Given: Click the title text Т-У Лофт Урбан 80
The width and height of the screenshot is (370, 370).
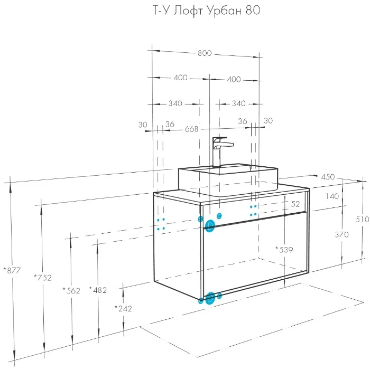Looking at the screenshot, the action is click(x=207, y=11).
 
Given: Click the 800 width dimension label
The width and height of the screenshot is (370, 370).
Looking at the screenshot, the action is click(x=205, y=53).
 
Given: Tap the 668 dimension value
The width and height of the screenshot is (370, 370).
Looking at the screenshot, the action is click(x=191, y=129).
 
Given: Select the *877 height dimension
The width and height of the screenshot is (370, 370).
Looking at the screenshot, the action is click(x=12, y=270).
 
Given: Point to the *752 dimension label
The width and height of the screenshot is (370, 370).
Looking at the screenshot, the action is click(x=42, y=278).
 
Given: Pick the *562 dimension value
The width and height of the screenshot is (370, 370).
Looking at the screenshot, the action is click(x=71, y=290).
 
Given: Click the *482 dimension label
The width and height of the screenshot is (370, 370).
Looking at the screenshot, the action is click(x=98, y=290).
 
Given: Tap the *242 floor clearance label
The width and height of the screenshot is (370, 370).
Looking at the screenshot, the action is click(x=123, y=308).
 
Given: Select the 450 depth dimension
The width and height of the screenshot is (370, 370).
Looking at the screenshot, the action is click(x=328, y=177).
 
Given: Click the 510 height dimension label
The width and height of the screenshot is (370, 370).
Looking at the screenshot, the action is click(x=362, y=220).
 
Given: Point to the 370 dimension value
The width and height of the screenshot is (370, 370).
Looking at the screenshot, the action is click(x=341, y=234).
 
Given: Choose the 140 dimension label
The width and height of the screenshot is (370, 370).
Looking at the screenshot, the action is click(x=332, y=196).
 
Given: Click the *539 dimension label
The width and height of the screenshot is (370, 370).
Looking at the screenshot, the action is click(x=284, y=250).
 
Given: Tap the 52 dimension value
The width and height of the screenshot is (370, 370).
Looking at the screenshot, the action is click(x=295, y=204).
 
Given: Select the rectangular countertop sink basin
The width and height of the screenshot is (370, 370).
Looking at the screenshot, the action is click(x=228, y=181).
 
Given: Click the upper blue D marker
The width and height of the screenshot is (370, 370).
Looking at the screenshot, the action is click(x=210, y=226).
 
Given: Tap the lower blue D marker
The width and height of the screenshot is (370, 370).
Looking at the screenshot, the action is click(x=210, y=298).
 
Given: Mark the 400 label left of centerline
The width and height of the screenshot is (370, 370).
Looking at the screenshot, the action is click(x=181, y=78).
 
